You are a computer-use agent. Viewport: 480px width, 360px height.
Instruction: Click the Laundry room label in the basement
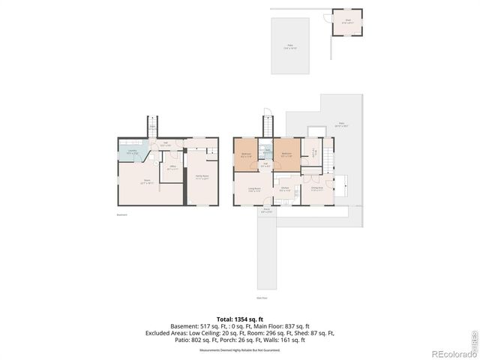(x=133, y=152)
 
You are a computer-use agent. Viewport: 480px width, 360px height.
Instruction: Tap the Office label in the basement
(x=172, y=167)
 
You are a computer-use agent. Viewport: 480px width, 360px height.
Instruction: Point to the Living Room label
(x=253, y=190)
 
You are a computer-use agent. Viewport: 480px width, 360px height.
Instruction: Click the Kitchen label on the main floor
(x=286, y=189)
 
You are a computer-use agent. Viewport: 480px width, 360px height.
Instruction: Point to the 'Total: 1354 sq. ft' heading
(x=239, y=318)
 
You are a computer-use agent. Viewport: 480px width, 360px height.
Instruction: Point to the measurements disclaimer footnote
(x=239, y=349)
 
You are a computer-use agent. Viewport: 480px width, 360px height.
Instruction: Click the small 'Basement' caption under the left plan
(x=121, y=215)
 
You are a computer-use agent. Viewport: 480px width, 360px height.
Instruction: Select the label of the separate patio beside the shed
(x=289, y=46)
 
